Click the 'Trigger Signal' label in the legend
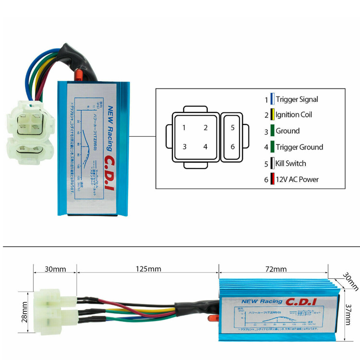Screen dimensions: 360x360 point(297,99)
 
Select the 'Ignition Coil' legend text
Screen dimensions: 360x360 point(293,115)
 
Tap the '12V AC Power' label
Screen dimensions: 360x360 point(297,180)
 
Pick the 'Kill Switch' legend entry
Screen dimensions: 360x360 point(290,163)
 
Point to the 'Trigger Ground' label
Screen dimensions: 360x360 point(299,147)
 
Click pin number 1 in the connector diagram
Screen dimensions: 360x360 point(184,128)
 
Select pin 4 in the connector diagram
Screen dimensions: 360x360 point(205,147)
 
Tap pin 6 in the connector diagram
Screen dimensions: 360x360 point(233,147)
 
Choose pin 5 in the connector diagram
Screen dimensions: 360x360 point(233,128)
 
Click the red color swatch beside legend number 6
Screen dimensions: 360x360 point(272,180)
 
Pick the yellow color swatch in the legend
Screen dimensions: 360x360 point(272,115)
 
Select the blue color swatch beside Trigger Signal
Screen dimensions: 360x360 point(272,99)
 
